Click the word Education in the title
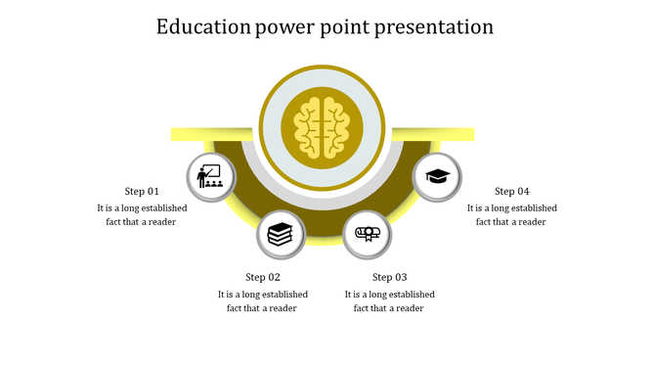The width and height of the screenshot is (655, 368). [x=203, y=26]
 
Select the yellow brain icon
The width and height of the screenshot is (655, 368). [x=323, y=126]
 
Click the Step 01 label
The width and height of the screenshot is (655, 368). [x=142, y=191]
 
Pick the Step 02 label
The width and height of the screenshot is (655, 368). [x=263, y=277]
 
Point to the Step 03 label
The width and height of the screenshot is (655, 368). [x=389, y=277]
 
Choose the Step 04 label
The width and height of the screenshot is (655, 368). [x=511, y=191]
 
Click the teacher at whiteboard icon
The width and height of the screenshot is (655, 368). [x=210, y=177]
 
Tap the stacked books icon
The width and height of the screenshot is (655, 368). [x=280, y=234]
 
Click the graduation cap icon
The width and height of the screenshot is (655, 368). [x=437, y=177]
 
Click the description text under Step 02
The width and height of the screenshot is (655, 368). [x=263, y=300]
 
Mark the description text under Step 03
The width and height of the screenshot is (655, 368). [x=389, y=300]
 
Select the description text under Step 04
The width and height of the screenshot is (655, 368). [x=511, y=214]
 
